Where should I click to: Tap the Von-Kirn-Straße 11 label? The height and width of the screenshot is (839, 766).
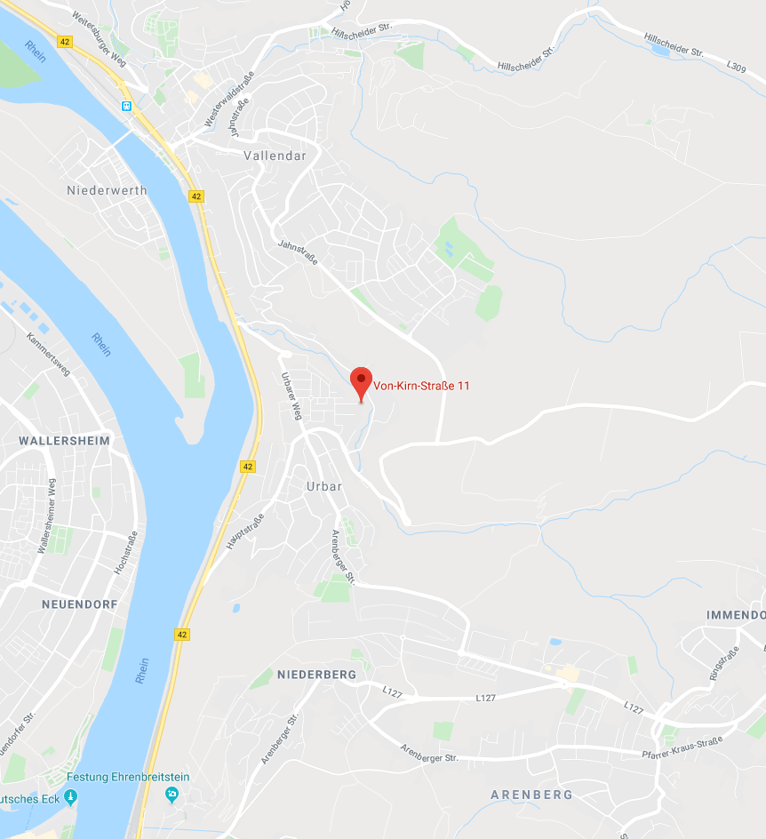[421, 386]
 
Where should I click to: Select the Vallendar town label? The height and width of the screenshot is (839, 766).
[275, 156]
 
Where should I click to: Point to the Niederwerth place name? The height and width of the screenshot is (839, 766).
[107, 190]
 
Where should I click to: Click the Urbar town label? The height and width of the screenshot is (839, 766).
[323, 486]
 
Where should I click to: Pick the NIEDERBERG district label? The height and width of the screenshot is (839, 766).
[316, 675]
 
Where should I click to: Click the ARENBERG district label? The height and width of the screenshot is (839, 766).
[531, 794]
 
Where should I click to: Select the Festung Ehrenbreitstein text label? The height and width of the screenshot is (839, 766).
[133, 777]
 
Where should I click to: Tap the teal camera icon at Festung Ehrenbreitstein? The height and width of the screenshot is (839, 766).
[172, 794]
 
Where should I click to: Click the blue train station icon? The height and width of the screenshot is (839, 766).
[127, 106]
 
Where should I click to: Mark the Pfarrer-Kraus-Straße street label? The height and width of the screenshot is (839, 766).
[682, 747]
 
